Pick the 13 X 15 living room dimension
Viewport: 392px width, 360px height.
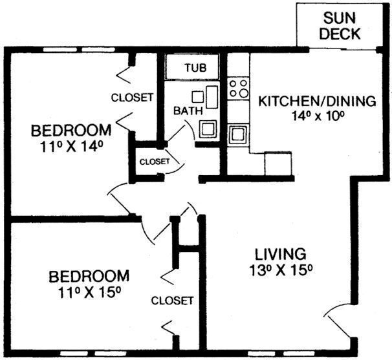279,270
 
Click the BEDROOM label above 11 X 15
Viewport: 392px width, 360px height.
89,276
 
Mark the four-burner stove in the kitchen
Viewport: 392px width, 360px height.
238,88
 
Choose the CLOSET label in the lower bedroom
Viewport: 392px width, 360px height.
173,301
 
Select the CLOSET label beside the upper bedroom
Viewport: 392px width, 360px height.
133,98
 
